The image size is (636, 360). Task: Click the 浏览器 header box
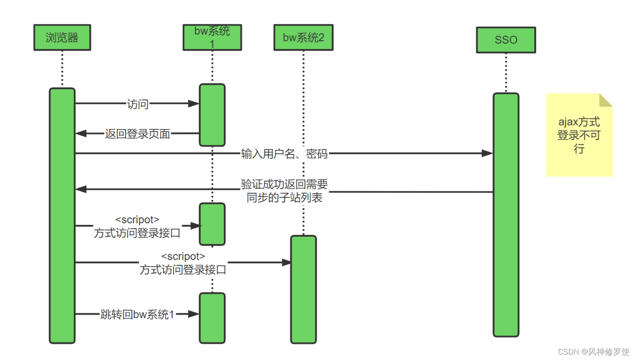[x=62, y=37]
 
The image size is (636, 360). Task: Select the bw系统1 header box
[x=212, y=37]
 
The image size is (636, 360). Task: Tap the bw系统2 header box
[x=303, y=37]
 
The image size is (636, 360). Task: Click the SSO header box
[x=506, y=40]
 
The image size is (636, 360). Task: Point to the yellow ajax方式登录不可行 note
[x=579, y=135]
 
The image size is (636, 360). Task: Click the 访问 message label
[x=138, y=104]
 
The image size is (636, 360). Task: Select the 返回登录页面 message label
[x=138, y=134]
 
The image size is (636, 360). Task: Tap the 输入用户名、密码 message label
[x=284, y=154]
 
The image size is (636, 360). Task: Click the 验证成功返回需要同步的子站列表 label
[x=284, y=191]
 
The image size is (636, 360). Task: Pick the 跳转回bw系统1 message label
[x=138, y=314]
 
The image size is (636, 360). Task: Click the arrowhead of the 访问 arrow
[x=194, y=103]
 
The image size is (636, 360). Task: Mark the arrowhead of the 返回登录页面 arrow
[x=81, y=133]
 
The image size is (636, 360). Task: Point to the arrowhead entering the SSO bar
[x=487, y=153]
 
